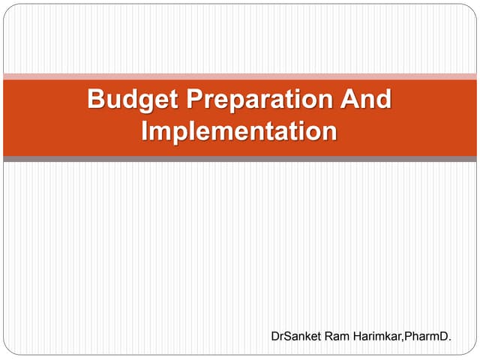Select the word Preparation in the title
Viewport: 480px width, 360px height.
pos(254,100)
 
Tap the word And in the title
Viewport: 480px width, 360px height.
pos(365,100)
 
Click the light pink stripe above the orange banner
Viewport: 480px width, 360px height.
pos(240,76)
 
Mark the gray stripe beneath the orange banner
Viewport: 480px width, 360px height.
pos(240,159)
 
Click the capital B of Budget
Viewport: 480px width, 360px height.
pos(96,100)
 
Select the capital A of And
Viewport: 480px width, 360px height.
pos(348,100)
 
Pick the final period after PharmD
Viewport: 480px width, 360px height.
pos(450,341)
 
